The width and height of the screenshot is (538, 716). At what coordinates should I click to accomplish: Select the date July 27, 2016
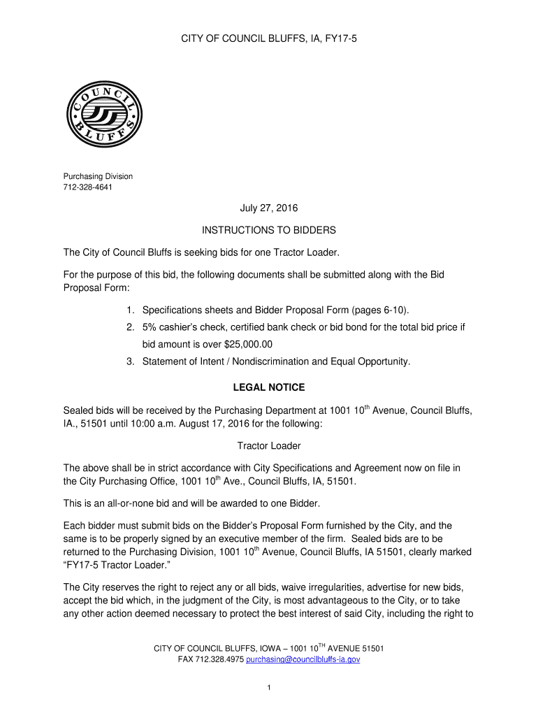coord(269,208)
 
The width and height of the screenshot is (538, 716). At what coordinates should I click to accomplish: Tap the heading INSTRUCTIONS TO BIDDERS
coord(269,230)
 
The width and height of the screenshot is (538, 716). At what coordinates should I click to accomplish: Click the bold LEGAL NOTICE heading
coord(269,387)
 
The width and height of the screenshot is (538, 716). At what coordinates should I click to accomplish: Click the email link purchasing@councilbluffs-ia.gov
coord(303,659)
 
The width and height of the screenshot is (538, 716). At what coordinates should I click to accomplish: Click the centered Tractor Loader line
coord(269,445)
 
